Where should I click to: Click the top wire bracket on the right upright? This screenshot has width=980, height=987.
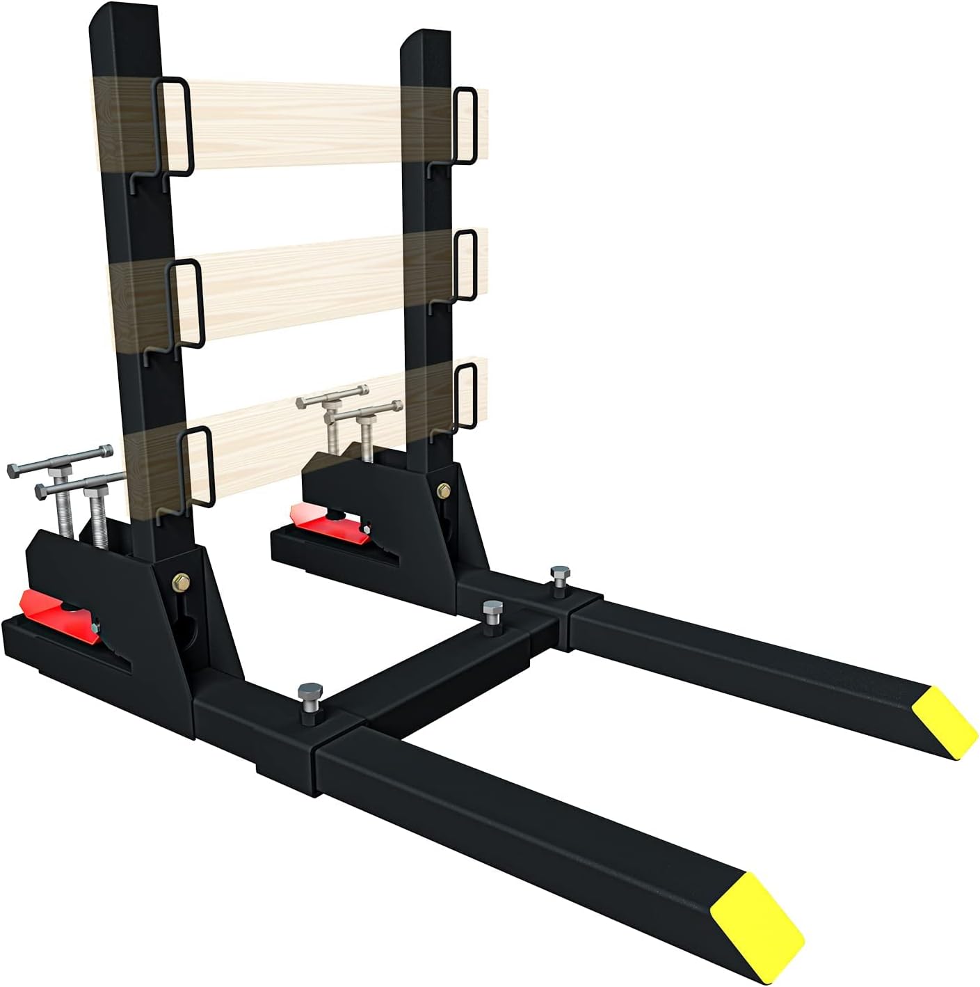pos(464,126)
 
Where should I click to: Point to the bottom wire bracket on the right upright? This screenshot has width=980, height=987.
pos(465,396)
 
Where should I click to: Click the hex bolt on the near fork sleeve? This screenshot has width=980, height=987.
pos(310,695)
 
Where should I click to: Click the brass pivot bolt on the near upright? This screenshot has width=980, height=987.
pos(182,581)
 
